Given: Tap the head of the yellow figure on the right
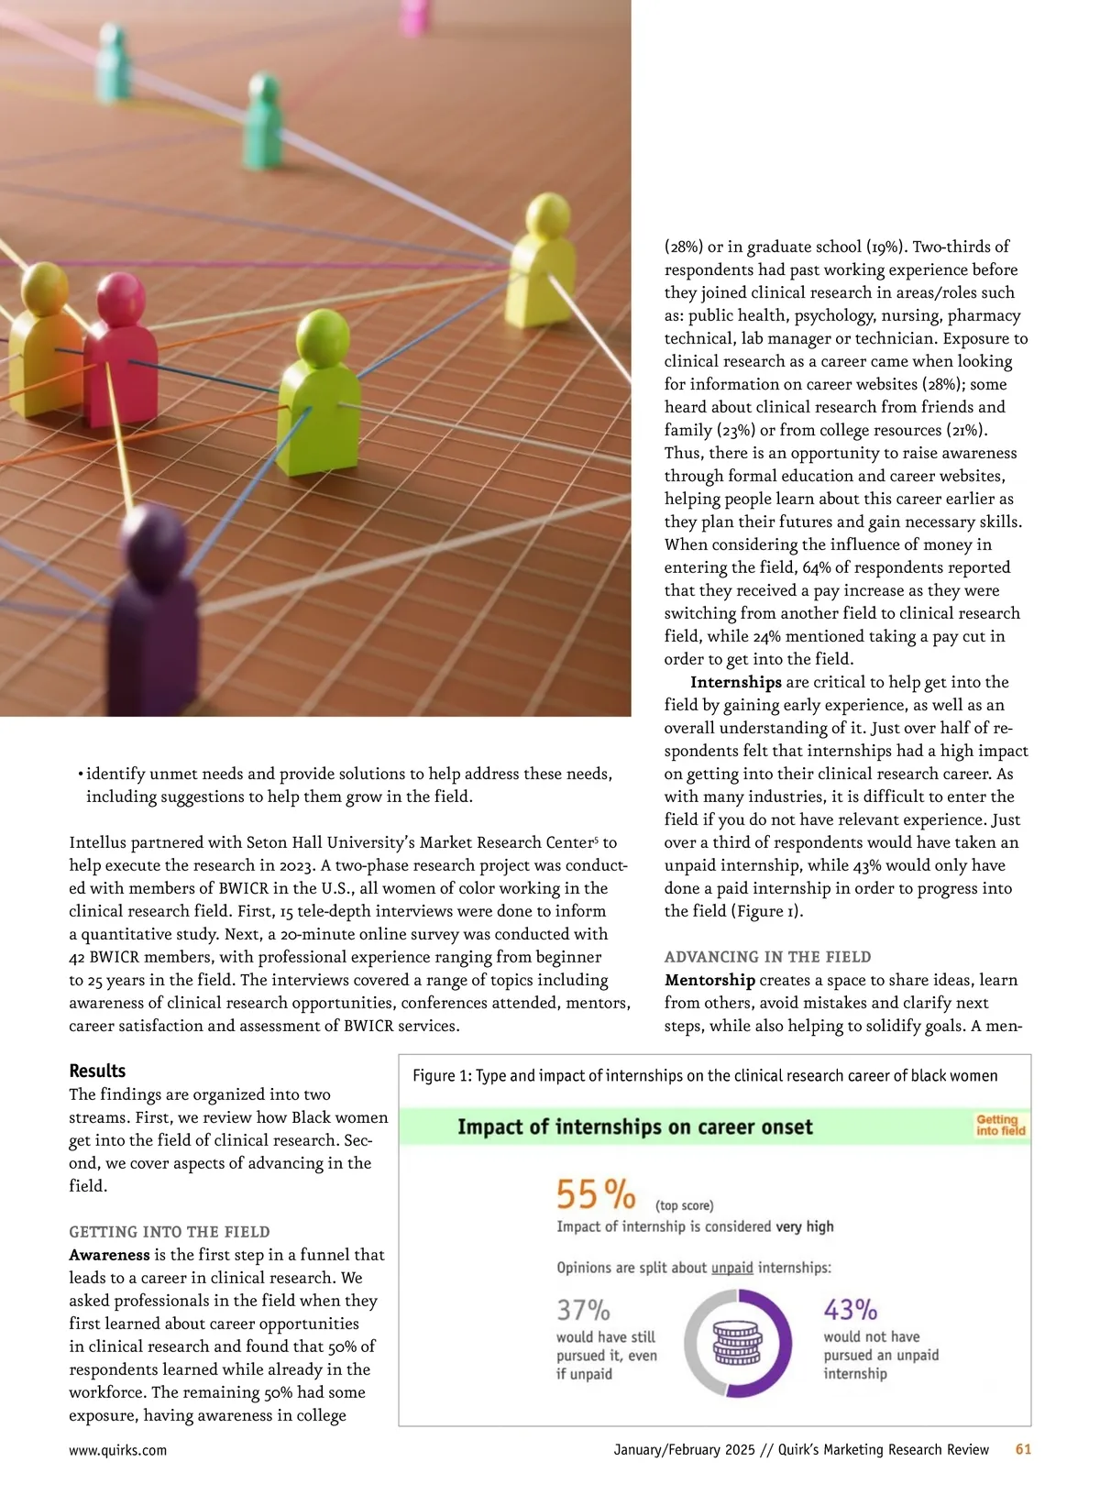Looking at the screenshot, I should point(548,216).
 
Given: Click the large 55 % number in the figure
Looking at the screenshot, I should point(596,1194).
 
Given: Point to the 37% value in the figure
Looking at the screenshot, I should point(583,1309).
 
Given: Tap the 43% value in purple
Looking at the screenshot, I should point(850,1309).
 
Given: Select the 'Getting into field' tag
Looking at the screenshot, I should point(1000,1125).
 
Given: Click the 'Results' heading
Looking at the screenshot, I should point(97,1071).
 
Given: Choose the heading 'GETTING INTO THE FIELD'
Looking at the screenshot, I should point(170,1232).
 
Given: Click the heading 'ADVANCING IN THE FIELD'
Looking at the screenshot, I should point(767,957).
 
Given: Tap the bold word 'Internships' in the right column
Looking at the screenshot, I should point(735,682).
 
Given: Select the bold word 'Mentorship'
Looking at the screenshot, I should point(709,980).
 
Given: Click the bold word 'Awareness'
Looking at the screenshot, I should point(109,1255).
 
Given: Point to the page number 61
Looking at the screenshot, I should point(1023,1449).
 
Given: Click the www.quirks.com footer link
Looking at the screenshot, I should point(117,1450).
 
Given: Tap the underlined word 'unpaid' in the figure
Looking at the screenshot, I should point(731,1268).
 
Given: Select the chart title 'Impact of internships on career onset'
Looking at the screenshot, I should point(634,1127).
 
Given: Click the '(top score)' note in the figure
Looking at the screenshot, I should point(684,1205).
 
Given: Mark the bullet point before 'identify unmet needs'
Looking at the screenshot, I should point(80,775).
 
